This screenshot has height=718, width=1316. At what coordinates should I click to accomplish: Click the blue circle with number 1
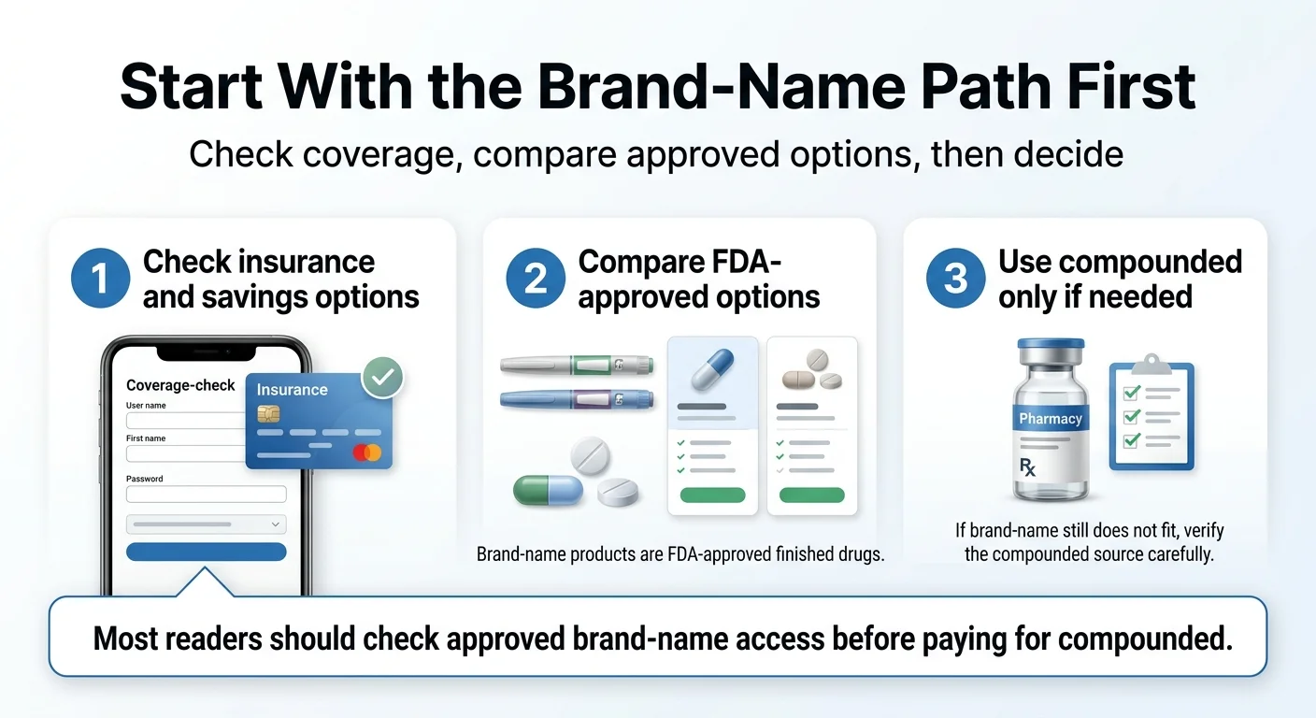click(x=100, y=279)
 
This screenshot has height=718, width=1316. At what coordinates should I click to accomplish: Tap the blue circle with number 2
click(x=536, y=279)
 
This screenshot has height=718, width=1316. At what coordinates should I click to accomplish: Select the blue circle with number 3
click(x=955, y=279)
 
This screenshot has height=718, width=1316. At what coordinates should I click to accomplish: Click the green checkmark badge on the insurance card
click(x=382, y=377)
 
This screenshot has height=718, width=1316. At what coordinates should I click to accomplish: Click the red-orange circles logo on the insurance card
click(x=368, y=452)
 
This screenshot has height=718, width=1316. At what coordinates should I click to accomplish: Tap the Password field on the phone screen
click(x=206, y=495)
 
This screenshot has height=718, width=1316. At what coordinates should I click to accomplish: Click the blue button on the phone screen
click(x=206, y=552)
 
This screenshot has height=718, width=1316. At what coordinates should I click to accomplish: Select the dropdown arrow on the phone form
click(x=275, y=524)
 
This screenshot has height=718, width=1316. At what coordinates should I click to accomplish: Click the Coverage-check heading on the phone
click(x=180, y=385)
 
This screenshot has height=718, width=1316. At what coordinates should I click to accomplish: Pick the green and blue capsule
click(x=548, y=490)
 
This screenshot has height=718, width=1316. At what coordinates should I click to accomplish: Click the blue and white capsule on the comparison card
click(x=711, y=370)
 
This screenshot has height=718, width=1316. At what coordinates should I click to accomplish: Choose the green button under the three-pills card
click(x=811, y=495)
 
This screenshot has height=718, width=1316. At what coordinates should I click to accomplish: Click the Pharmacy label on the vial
click(x=1051, y=419)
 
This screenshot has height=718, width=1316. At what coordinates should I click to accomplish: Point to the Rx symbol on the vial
click(x=1028, y=467)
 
